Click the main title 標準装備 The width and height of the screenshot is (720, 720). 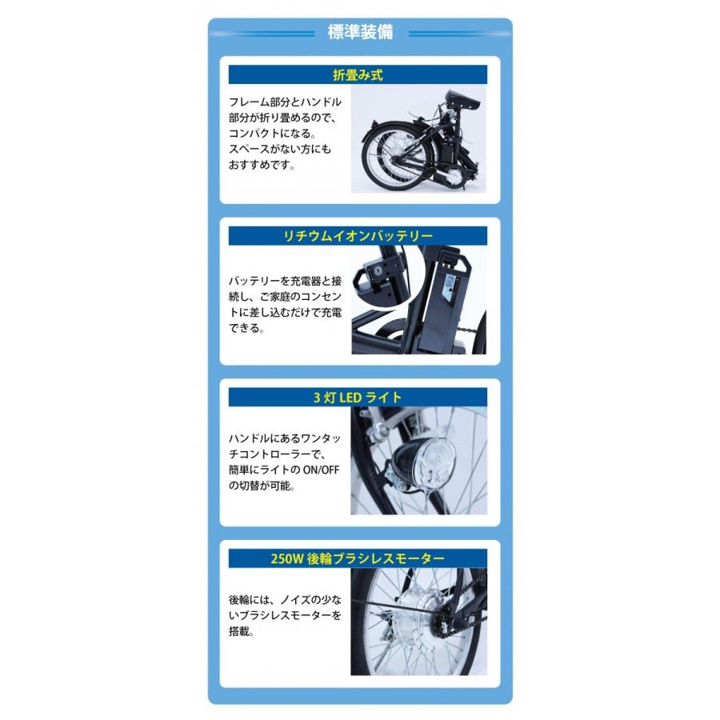coord(359,33)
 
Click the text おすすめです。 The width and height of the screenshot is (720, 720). coord(262,166)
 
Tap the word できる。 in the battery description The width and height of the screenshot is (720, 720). coord(246,328)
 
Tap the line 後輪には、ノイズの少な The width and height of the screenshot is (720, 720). coord(284,599)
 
